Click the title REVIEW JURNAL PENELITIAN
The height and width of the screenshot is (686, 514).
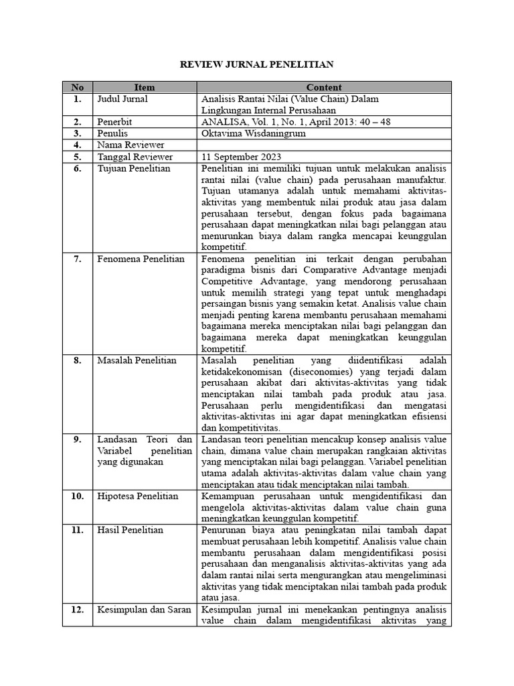pos(257,64)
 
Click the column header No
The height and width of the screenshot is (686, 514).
pos(78,87)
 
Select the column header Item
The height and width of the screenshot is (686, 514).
pos(144,87)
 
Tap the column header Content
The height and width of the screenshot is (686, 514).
pos(324,87)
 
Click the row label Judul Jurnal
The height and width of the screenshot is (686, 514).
pos(122,98)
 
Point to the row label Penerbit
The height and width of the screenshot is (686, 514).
pos(114,121)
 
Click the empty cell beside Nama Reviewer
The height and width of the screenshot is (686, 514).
pos(325,145)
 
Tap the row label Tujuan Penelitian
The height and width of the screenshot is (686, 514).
pos(134,168)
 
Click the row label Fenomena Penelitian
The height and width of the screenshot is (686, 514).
pos(141,259)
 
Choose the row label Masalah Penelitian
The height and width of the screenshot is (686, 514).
pos(137,360)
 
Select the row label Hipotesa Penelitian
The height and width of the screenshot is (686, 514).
pos(138,496)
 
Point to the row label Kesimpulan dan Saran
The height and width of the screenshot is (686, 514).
pos(144,610)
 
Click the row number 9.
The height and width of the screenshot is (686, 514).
pos(78,439)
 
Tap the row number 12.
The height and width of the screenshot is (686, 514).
pos(78,610)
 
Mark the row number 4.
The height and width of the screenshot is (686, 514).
pos(78,145)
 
